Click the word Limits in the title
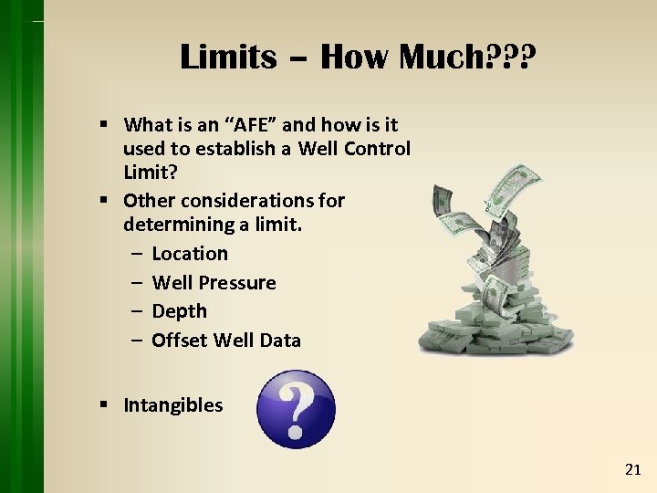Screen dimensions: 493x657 (228, 57)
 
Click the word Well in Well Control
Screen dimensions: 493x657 (318, 148)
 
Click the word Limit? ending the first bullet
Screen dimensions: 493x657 (149, 171)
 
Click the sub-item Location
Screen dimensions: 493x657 (190, 253)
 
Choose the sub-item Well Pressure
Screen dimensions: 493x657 (214, 282)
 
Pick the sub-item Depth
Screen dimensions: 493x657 (179, 311)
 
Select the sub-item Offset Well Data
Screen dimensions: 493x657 (225, 341)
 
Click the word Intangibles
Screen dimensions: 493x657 (172, 405)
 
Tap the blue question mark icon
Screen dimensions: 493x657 (296, 409)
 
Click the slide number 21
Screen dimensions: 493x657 (633, 469)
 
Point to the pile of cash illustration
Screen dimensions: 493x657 (497, 274)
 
